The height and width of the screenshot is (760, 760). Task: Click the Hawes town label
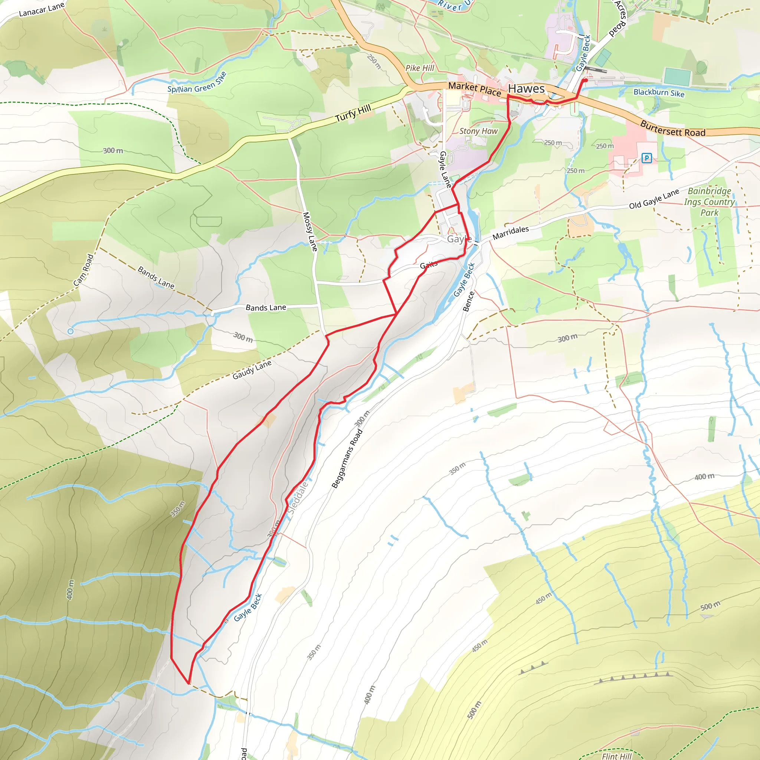pyautogui.click(x=526, y=89)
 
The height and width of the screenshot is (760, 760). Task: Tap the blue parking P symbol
pyautogui.click(x=646, y=158)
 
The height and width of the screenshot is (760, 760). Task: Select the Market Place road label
pyautogui.click(x=474, y=89)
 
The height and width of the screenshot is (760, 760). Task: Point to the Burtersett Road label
pyautogui.click(x=673, y=129)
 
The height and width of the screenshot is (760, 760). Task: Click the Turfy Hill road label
pyautogui.click(x=353, y=113)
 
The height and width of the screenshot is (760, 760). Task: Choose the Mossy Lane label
pyautogui.click(x=309, y=231)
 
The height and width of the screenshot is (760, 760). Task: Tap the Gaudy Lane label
pyautogui.click(x=252, y=370)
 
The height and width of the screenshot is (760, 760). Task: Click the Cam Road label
pyautogui.click(x=83, y=270)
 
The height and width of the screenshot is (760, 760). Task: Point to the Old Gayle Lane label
pyautogui.click(x=654, y=199)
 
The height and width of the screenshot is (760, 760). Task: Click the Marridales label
pyautogui.click(x=511, y=232)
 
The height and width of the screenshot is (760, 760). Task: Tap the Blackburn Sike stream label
pyautogui.click(x=659, y=93)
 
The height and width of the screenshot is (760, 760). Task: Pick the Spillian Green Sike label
pyautogui.click(x=197, y=83)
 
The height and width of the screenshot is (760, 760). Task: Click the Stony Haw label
pyautogui.click(x=478, y=131)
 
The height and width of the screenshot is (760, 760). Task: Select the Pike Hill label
pyautogui.click(x=420, y=68)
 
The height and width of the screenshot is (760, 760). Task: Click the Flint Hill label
pyautogui.click(x=616, y=756)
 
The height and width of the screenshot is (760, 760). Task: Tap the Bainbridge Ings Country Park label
pyautogui.click(x=709, y=202)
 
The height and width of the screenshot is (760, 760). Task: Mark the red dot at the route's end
pyautogui.click(x=585, y=80)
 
